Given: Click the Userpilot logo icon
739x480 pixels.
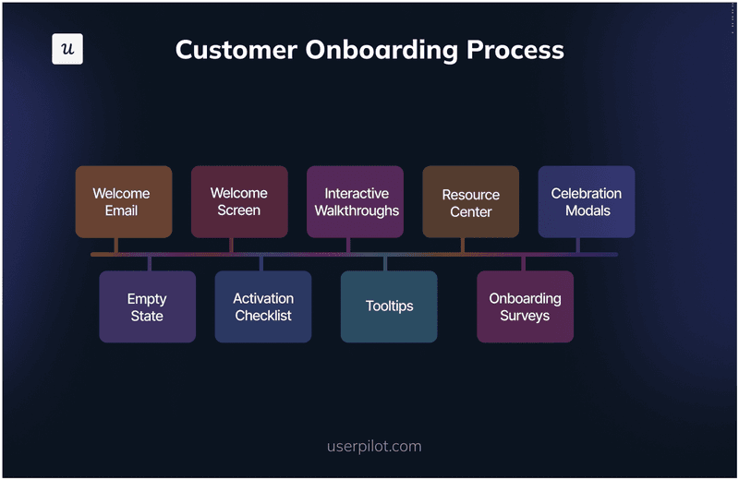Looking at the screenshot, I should (67, 49).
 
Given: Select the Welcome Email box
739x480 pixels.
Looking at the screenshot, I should (123, 202).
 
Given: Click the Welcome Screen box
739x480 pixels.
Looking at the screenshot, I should (239, 202).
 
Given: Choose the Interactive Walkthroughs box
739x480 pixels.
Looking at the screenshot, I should (355, 202).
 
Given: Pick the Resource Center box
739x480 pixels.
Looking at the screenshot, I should (470, 202).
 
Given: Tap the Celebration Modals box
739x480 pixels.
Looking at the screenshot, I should (587, 202).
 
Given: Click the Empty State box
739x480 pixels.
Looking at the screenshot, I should (147, 306).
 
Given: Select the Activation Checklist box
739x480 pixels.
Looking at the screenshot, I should (263, 306).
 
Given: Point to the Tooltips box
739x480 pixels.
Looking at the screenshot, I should (389, 306).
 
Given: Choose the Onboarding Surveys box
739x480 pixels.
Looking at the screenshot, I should (525, 306).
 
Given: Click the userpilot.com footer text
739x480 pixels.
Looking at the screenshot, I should (374, 447).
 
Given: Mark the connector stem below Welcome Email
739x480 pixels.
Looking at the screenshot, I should (116, 245).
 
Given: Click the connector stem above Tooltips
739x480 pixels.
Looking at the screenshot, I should (385, 263).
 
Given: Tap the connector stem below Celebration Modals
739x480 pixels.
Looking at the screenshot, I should (578, 245).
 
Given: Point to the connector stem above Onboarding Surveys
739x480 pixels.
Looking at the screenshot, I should (523, 263).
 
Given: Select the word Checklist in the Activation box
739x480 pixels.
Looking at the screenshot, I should (263, 316).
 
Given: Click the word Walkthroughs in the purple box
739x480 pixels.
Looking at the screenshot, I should (357, 210).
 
